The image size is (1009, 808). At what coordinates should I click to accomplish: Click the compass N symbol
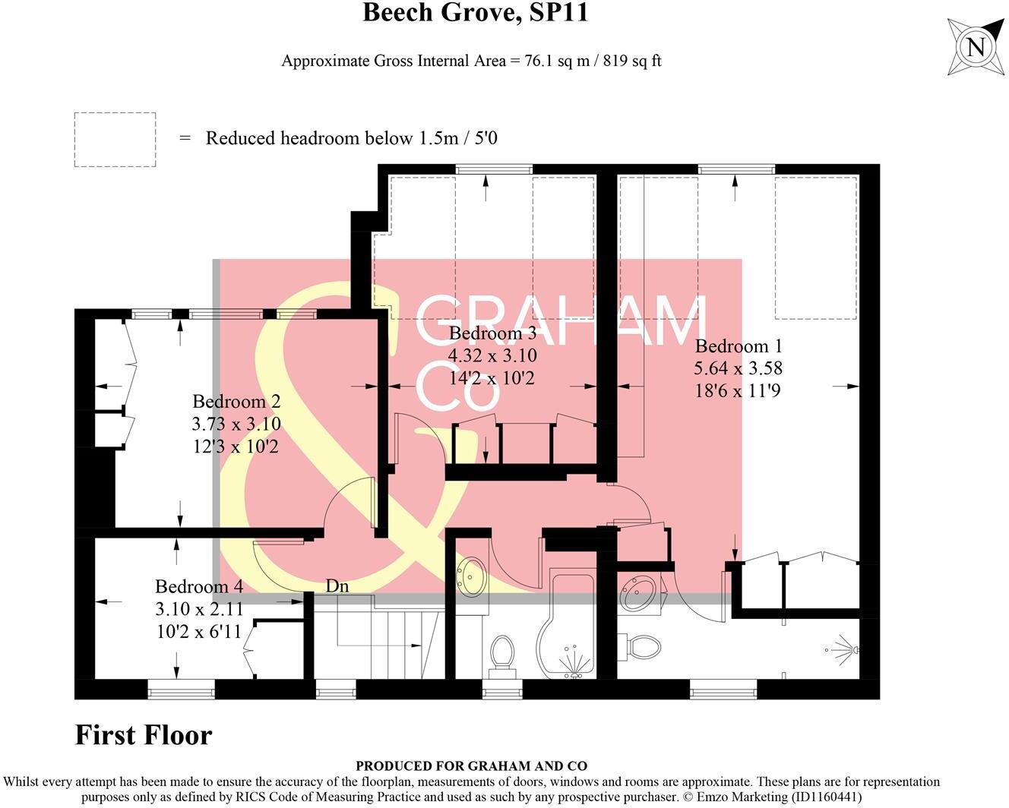click(x=976, y=47)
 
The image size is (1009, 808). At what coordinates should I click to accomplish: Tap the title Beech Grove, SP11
click(x=475, y=13)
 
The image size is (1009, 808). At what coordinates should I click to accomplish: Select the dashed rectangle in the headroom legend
click(x=115, y=139)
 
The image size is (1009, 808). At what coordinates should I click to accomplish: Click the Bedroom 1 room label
click(x=738, y=346)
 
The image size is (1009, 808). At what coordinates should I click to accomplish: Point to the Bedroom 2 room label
click(x=236, y=402)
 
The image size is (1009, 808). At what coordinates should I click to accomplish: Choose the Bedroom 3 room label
click(x=492, y=333)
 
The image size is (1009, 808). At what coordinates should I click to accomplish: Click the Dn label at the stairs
click(x=337, y=585)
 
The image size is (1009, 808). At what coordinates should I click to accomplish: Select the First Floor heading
click(x=143, y=735)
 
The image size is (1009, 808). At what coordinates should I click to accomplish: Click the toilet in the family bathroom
click(x=501, y=655)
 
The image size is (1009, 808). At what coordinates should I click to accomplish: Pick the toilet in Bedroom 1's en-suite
click(x=640, y=648)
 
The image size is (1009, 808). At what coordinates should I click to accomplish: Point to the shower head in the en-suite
click(x=843, y=649)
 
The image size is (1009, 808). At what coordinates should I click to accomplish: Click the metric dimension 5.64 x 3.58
click(x=738, y=368)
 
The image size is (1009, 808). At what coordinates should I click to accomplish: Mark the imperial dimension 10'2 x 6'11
click(x=199, y=630)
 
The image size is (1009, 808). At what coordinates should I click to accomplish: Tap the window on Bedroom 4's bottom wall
click(x=181, y=690)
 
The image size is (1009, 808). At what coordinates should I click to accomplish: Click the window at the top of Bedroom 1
click(x=735, y=169)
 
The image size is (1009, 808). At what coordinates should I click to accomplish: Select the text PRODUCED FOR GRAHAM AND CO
click(x=471, y=766)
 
